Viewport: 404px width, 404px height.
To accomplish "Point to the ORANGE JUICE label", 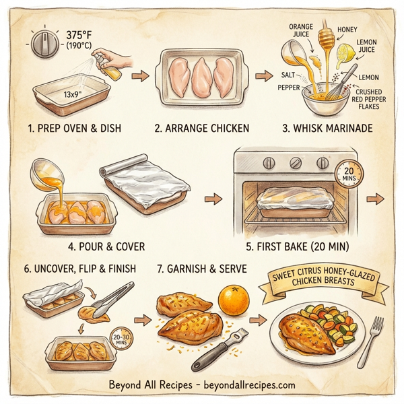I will coord(300,30).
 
